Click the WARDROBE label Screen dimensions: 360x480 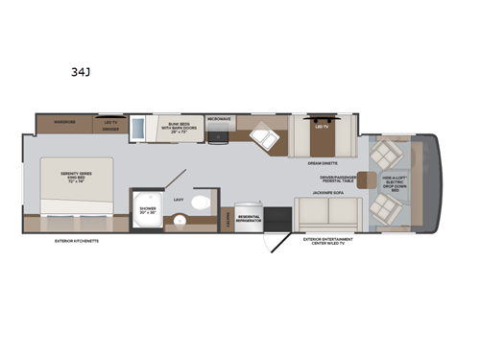pos(63,122)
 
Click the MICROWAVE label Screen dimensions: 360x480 pos(220,120)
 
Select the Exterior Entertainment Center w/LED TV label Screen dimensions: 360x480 pos(326,241)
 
